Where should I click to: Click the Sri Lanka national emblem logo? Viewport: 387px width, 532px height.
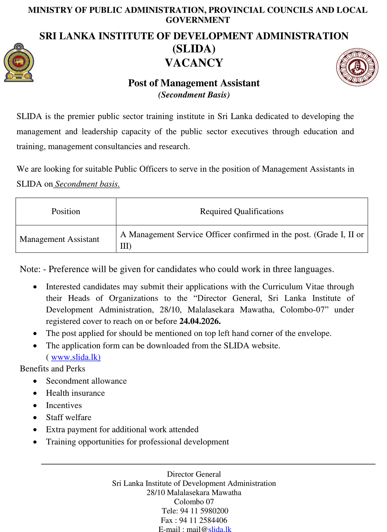[19, 63]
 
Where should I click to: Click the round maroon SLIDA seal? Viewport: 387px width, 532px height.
[357, 67]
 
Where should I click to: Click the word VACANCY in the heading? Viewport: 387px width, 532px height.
[194, 63]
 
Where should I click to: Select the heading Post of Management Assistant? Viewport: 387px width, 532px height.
[194, 83]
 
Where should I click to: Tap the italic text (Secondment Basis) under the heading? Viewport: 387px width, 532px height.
[194, 95]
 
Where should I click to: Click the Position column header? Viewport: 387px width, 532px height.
[66, 211]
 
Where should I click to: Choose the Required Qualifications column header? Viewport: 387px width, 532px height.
[241, 211]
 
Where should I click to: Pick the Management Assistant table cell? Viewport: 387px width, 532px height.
[60, 239]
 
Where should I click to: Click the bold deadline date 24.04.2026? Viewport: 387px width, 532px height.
[200, 321]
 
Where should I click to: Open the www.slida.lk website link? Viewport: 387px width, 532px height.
[76, 357]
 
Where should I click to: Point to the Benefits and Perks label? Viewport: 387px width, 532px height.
[52, 369]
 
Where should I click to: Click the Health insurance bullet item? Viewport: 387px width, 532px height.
[75, 393]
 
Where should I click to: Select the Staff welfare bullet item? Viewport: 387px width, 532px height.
[69, 417]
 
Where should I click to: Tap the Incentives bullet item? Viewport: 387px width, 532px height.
[64, 405]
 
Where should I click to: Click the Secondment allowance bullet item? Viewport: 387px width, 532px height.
[86, 381]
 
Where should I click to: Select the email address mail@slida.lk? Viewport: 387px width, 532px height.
[209, 529]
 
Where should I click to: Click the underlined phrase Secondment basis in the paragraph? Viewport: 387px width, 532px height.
[87, 184]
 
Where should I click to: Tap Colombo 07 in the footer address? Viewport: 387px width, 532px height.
[194, 502]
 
